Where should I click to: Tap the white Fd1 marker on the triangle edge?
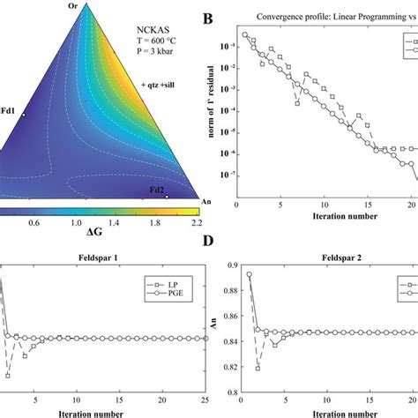[x=25, y=115]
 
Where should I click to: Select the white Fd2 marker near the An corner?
[x=167, y=198]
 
